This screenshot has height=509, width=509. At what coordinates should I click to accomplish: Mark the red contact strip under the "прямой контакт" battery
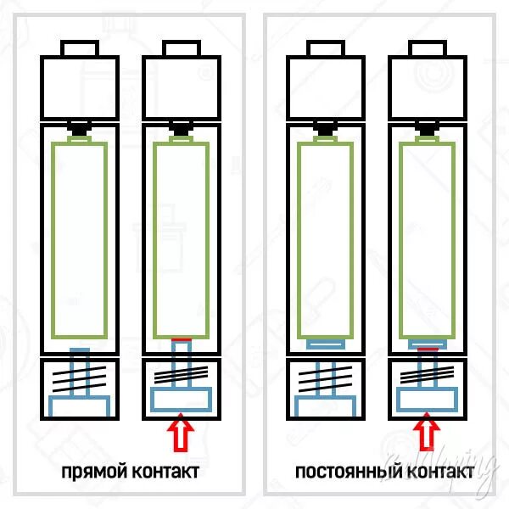point(182,339)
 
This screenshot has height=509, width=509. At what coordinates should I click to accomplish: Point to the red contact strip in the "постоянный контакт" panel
point(427,348)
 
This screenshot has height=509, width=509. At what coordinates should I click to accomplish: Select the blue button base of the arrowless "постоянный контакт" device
point(326,404)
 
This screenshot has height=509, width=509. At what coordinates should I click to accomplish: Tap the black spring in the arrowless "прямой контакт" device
point(80,376)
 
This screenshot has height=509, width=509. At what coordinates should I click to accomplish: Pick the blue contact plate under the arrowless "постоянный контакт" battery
point(326,344)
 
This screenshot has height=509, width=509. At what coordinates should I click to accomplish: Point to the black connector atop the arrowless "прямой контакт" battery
point(80,131)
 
